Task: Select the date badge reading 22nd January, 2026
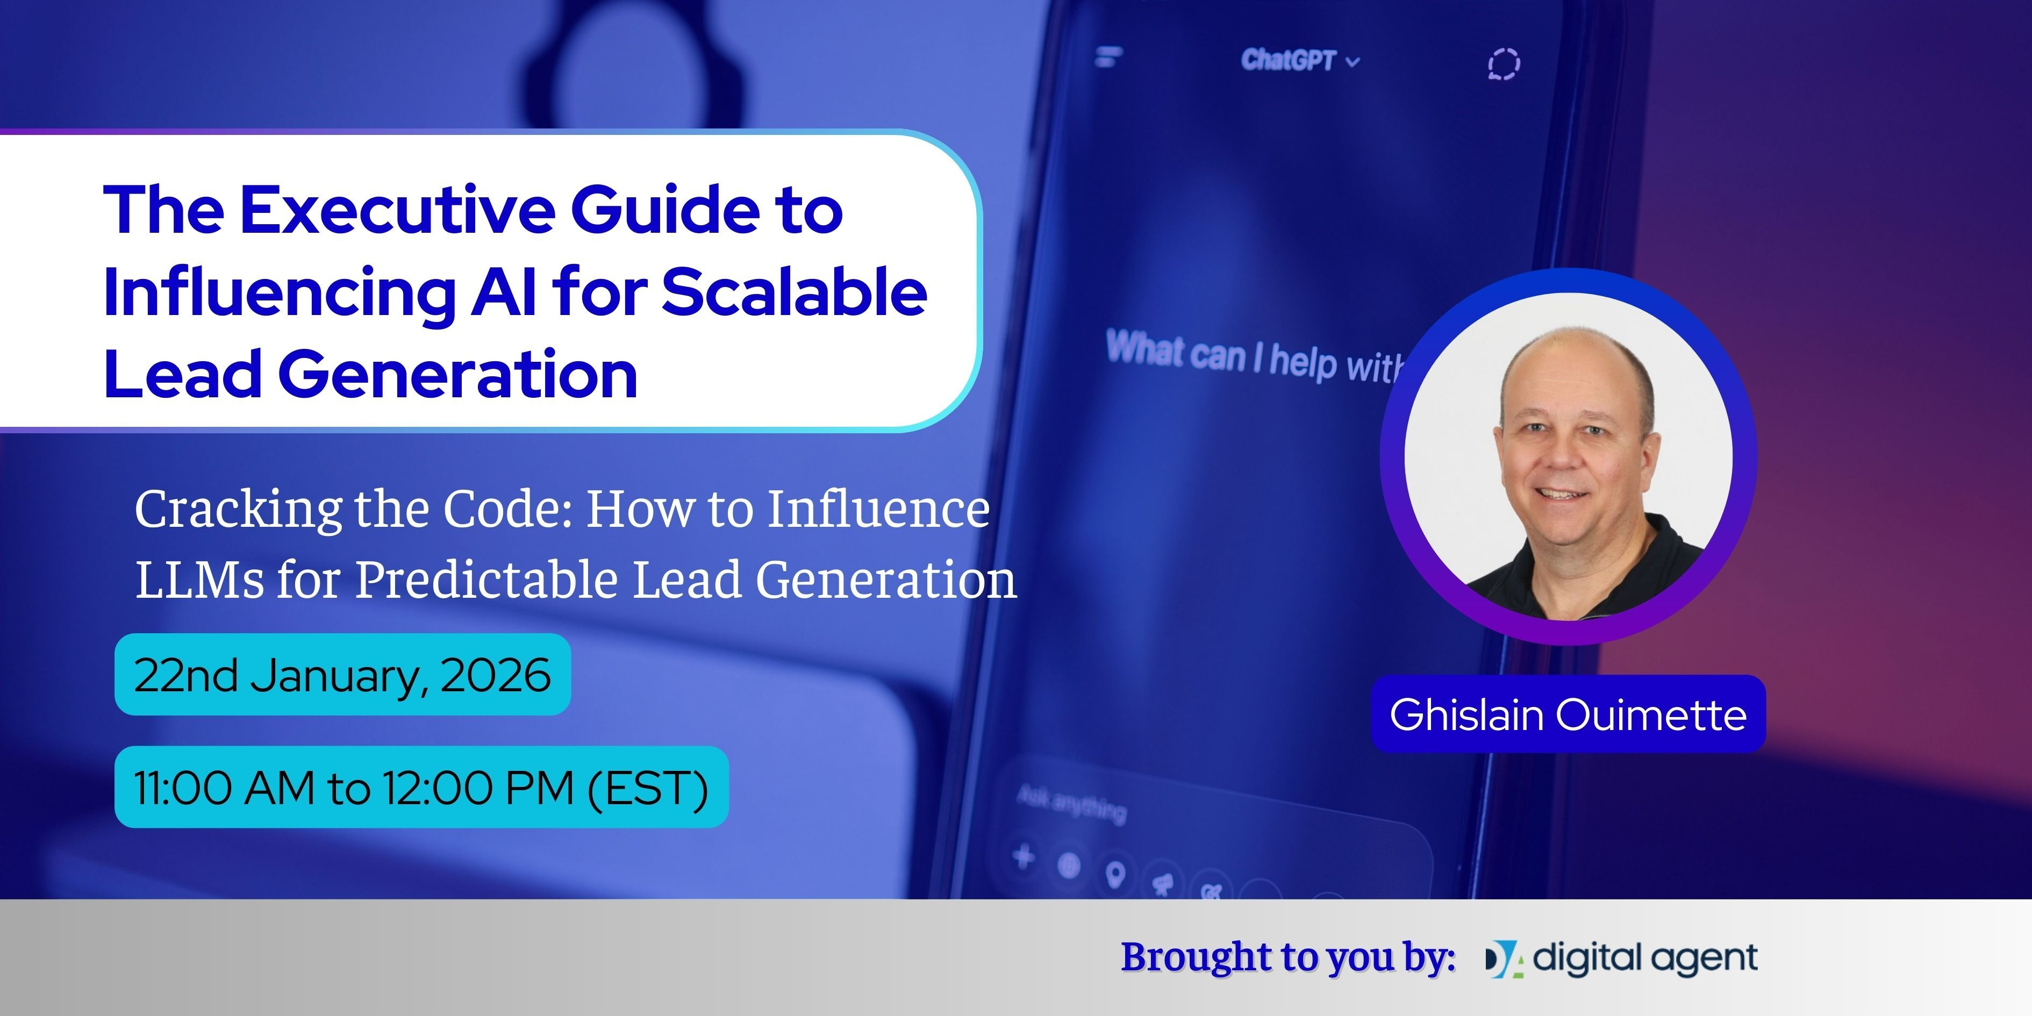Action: click(342, 675)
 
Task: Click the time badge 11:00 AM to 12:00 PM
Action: click(421, 787)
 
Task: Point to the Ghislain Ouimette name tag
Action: click(1568, 714)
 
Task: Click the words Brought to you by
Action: click(1287, 957)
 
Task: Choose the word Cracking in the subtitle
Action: click(238, 510)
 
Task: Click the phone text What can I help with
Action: click(1254, 357)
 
